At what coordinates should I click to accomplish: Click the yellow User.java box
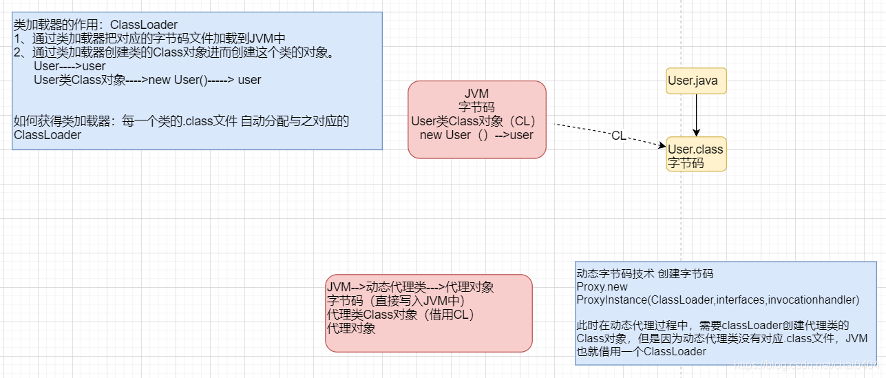click(695, 81)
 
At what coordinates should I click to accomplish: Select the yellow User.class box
click(695, 156)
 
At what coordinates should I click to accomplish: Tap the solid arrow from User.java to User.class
click(696, 115)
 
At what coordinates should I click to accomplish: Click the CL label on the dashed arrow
click(618, 136)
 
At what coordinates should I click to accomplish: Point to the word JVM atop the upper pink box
click(476, 94)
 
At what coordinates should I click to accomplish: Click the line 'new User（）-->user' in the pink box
click(476, 135)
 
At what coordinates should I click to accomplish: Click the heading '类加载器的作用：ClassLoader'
click(96, 25)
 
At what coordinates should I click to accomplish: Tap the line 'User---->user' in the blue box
click(70, 66)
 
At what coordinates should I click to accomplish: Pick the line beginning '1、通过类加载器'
click(149, 39)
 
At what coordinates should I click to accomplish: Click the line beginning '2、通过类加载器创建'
click(173, 52)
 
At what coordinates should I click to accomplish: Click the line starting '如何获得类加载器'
click(181, 121)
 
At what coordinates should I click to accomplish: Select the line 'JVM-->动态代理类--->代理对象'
click(410, 286)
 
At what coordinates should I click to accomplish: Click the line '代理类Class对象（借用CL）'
click(401, 315)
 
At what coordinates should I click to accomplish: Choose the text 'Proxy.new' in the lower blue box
click(602, 286)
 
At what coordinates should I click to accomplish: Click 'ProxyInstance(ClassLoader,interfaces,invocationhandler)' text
click(717, 300)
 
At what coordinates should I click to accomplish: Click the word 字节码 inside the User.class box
click(686, 163)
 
